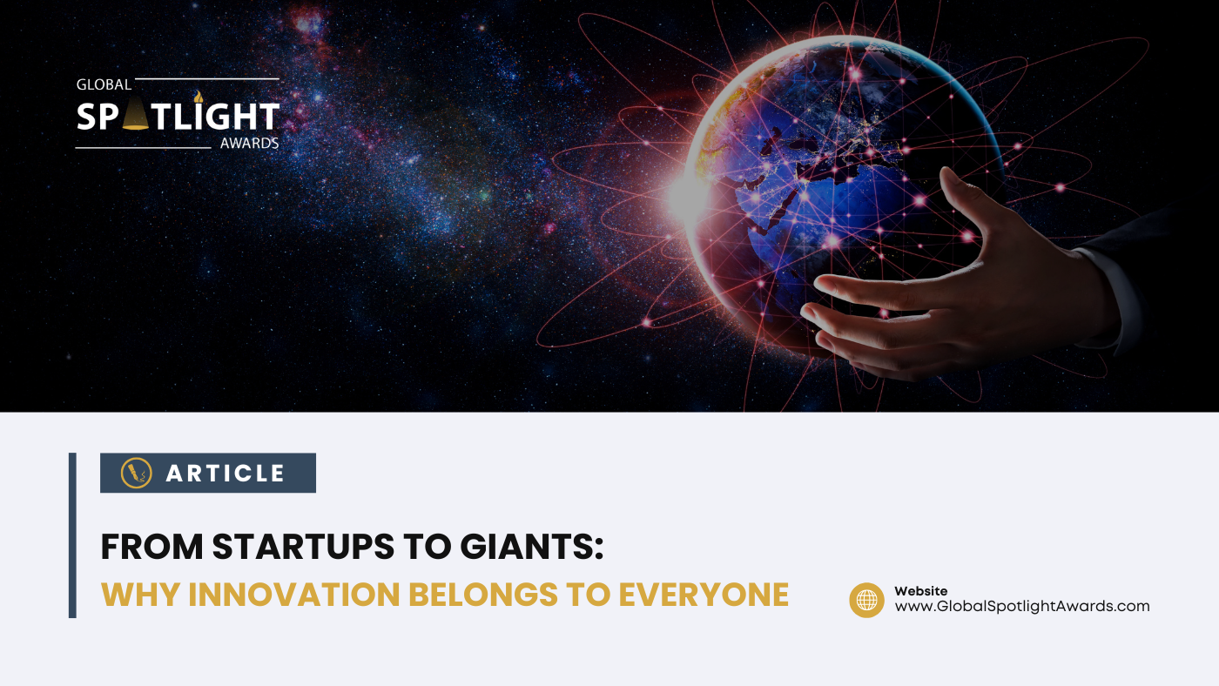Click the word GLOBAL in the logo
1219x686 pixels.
click(104, 85)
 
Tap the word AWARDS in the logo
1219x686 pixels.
click(249, 143)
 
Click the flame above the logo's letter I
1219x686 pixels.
click(198, 96)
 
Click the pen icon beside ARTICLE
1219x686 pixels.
click(136, 473)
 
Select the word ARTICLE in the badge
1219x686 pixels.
click(226, 474)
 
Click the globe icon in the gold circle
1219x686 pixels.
click(866, 600)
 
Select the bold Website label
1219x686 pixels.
click(920, 591)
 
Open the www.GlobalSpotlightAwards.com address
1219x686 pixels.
click(1022, 607)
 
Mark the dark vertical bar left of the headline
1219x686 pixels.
click(72, 535)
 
